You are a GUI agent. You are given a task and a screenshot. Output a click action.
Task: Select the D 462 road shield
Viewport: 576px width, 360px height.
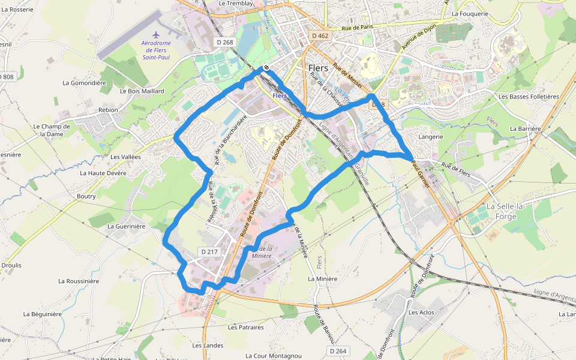[320, 36]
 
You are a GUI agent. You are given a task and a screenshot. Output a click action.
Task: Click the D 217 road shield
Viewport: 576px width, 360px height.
[209, 252]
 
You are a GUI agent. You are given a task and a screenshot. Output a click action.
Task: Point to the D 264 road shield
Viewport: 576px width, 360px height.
[338, 350]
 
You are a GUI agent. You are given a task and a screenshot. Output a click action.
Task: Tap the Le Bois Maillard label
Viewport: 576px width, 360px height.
[142, 91]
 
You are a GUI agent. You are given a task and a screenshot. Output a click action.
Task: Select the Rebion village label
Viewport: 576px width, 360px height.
[108, 110]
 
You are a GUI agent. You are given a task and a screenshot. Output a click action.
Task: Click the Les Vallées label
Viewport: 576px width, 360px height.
[125, 157]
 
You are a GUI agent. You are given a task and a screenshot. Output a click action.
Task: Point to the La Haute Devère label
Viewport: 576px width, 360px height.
[103, 173]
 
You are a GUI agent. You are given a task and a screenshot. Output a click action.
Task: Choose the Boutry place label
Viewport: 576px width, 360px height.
[86, 196]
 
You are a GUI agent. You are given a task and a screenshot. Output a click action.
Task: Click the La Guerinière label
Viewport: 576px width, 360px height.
[127, 226]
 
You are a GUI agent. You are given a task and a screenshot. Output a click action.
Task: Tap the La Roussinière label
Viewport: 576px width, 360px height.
[79, 280]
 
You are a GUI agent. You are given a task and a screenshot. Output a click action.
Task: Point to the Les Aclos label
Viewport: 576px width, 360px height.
[421, 313]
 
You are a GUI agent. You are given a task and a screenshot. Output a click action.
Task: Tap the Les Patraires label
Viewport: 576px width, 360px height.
[246, 328]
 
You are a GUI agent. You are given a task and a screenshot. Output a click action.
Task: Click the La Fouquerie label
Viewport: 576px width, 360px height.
[471, 13]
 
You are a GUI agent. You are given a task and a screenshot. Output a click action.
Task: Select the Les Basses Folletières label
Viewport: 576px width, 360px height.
[529, 97]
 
